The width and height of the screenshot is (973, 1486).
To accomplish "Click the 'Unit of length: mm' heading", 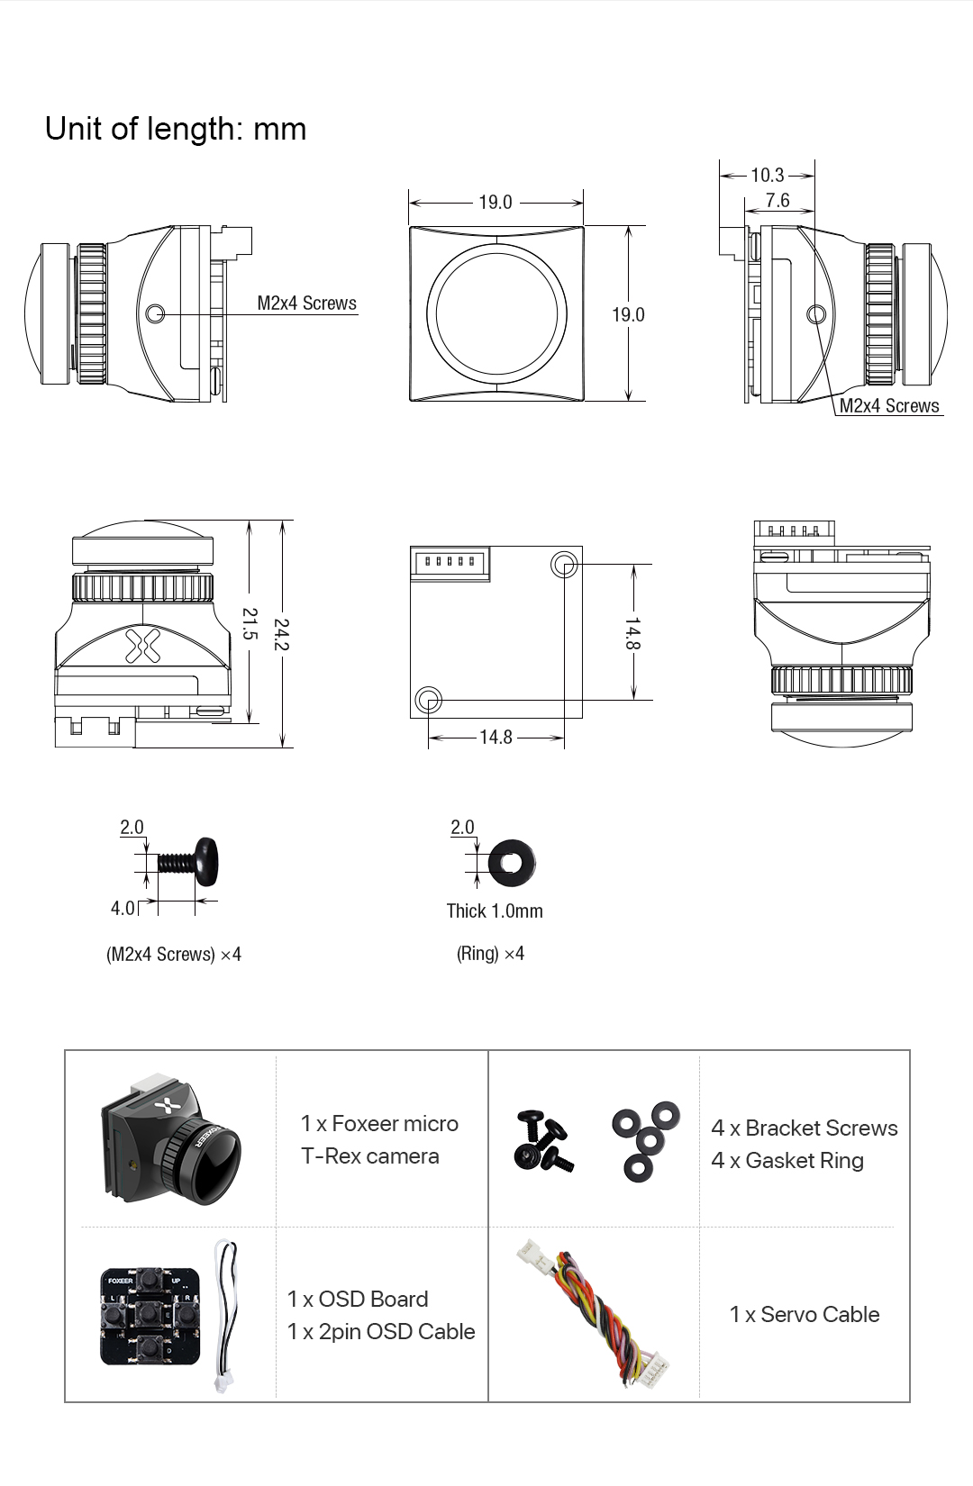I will (x=176, y=129).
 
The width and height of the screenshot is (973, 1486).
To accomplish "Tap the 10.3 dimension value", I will (x=767, y=175).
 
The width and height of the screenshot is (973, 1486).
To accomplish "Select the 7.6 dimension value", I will (x=777, y=200).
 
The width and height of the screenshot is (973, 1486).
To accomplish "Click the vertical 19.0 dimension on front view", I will (x=628, y=314).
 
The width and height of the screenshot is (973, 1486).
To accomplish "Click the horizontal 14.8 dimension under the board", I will (x=496, y=738).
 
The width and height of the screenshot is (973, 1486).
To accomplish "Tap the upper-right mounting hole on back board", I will (x=564, y=565).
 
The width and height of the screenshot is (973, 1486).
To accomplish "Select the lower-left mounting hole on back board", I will (x=428, y=700).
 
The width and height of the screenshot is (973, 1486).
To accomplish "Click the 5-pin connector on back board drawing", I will (x=450, y=563).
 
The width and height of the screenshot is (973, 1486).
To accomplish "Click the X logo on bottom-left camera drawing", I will (x=141, y=643).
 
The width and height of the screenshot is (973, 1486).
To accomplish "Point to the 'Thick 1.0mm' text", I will (x=495, y=911).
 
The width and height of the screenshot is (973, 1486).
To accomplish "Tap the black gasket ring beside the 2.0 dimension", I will (x=511, y=863).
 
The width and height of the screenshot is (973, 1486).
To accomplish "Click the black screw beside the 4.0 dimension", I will (x=191, y=863).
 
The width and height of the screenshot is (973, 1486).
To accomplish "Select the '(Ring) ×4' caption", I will (x=490, y=954).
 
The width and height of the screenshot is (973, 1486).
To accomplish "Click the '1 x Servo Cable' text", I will (x=804, y=1314).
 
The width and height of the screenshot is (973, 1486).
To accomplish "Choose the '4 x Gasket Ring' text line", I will (x=787, y=1160).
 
